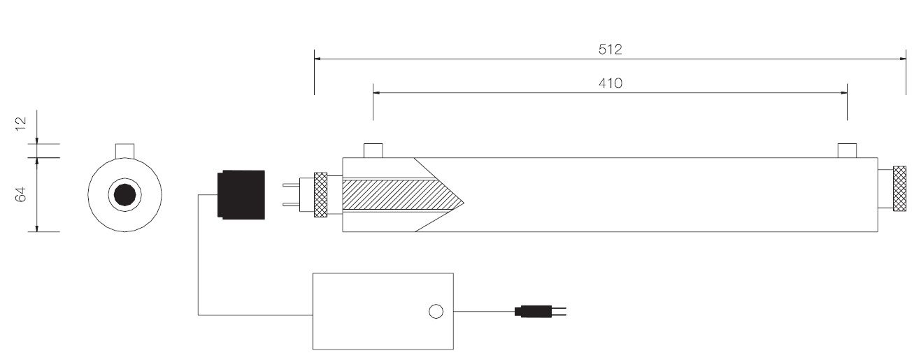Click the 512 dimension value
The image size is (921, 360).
click(x=611, y=50)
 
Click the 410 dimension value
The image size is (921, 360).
click(x=611, y=83)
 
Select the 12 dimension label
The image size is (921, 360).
click(x=21, y=124)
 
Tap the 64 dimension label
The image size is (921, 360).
click(x=21, y=194)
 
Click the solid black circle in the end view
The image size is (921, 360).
click(x=125, y=195)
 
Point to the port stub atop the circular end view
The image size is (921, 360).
click(x=125, y=150)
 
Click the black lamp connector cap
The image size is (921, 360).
click(x=241, y=195)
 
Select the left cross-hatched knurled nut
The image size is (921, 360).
click(x=321, y=194)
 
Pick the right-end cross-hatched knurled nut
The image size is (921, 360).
click(x=899, y=189)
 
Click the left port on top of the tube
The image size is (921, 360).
click(x=373, y=150)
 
